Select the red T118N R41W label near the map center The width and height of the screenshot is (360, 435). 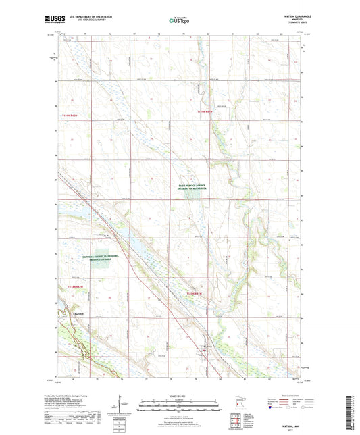click(x=195, y=293)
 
